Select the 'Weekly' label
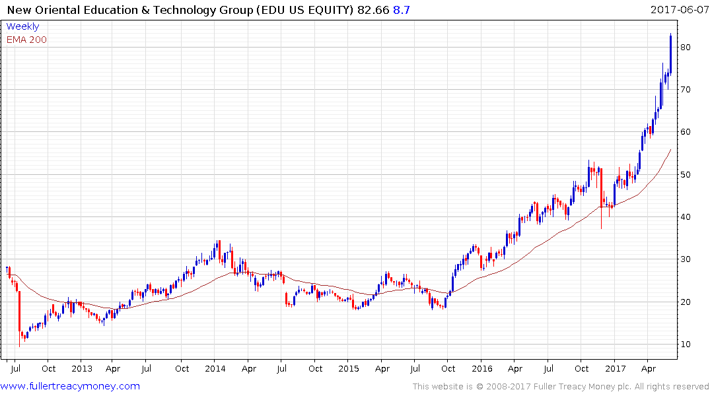pyautogui.click(x=22, y=26)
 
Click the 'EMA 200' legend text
pyautogui.click(x=26, y=39)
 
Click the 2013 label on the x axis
pyautogui.click(x=81, y=368)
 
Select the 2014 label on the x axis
pyautogui.click(x=215, y=368)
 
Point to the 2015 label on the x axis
pyautogui.click(x=349, y=368)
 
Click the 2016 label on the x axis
pyautogui.click(x=482, y=368)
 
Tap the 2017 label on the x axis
pyautogui.click(x=616, y=368)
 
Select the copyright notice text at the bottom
pyautogui.click(x=561, y=387)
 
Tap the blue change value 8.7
pyautogui.click(x=402, y=10)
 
